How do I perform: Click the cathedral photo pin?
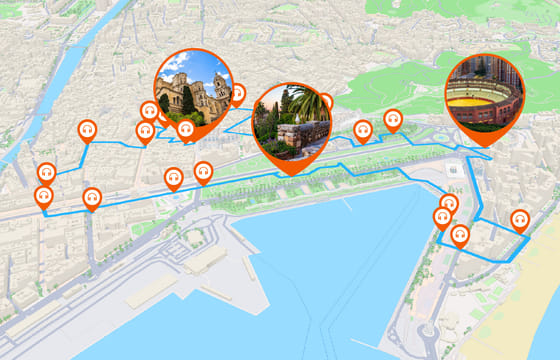pos(193,87)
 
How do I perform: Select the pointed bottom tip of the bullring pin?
pos(485,146)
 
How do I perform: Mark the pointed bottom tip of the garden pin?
pos(293,174)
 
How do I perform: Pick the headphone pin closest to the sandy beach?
pos(519,219)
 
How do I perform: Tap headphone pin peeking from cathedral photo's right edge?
pos(238,93)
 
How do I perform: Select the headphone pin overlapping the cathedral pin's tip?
pos(186,128)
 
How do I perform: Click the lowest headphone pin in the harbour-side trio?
pos(460,236)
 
